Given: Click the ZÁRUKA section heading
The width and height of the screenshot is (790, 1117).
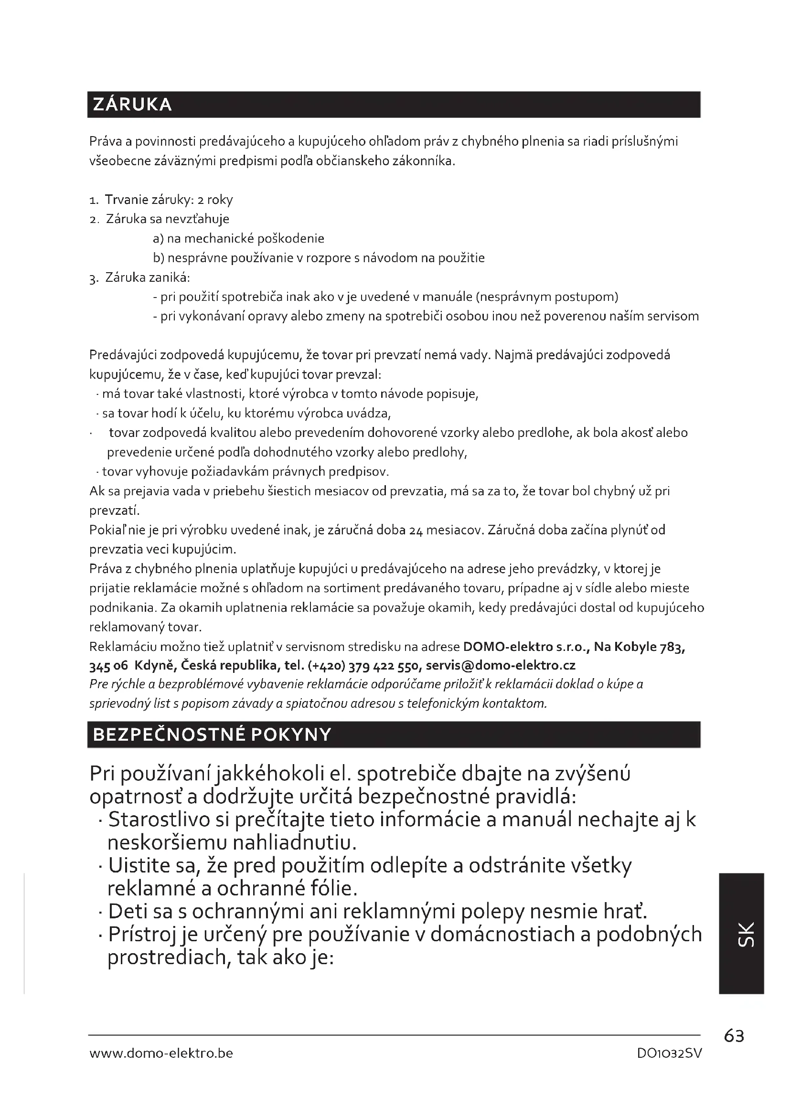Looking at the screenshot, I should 132,105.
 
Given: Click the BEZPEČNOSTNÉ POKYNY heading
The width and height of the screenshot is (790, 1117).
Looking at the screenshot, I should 212,734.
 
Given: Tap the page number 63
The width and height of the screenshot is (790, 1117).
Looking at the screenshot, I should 734,1036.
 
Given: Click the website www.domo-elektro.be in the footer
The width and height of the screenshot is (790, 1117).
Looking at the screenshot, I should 161,1053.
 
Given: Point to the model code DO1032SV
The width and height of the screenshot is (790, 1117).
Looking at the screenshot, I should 669,1053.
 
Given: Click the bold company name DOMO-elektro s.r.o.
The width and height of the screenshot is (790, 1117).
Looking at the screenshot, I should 526,647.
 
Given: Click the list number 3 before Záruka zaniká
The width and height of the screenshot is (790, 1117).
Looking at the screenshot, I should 94,278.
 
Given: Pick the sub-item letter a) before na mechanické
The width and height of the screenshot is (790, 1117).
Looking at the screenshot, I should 158,238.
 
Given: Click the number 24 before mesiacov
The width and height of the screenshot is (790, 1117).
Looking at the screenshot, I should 416,530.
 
